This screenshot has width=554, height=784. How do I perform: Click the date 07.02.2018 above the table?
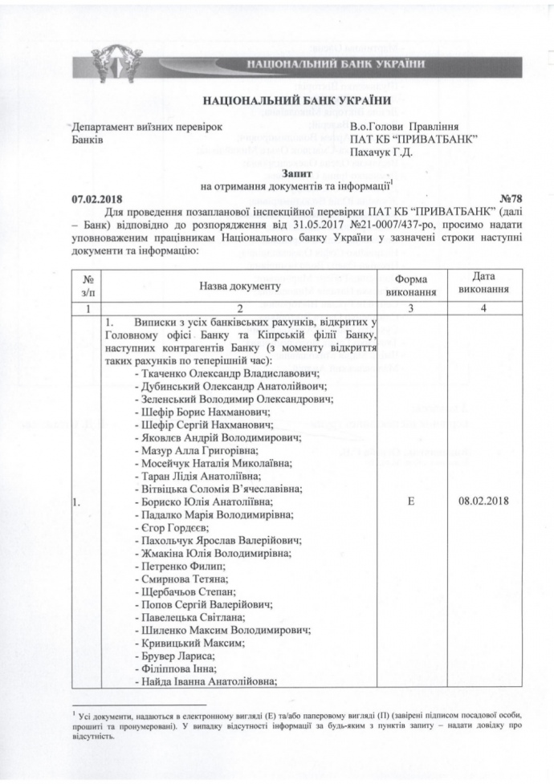point(96,197)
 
